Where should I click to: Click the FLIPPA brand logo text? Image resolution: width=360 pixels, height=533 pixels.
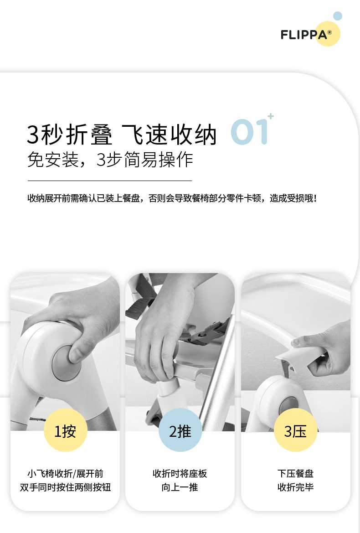pos(304,35)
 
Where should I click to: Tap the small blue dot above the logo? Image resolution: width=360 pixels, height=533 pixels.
pos(337,16)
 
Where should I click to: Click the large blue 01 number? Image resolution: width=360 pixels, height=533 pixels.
pos(250,132)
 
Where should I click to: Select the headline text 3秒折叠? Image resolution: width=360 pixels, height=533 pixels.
pos(70,135)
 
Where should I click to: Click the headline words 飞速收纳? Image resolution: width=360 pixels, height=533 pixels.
pos(169,135)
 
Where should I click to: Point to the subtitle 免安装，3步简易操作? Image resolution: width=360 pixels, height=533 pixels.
pos(110,160)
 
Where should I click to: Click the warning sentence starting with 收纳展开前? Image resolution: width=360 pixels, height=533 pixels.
pos(172,198)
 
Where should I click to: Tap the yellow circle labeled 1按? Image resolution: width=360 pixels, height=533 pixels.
pos(66,430)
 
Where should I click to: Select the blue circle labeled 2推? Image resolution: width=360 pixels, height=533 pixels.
pos(180,430)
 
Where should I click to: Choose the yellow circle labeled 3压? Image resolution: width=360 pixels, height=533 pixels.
pos(295,430)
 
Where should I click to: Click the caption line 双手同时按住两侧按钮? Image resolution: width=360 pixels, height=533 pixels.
pos(66,487)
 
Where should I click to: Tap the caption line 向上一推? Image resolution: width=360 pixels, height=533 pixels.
pos(180,487)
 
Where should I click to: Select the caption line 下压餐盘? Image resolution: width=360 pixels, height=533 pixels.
pos(295,474)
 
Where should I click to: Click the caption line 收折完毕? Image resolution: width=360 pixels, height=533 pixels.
pos(295,487)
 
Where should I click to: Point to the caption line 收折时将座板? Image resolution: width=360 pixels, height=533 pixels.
pos(180,474)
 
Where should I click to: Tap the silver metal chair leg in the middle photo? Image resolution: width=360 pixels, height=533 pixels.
pos(217,371)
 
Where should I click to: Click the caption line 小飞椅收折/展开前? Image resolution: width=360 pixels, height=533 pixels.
pos(66,474)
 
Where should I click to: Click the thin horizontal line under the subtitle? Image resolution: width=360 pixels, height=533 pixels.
pos(110,181)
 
